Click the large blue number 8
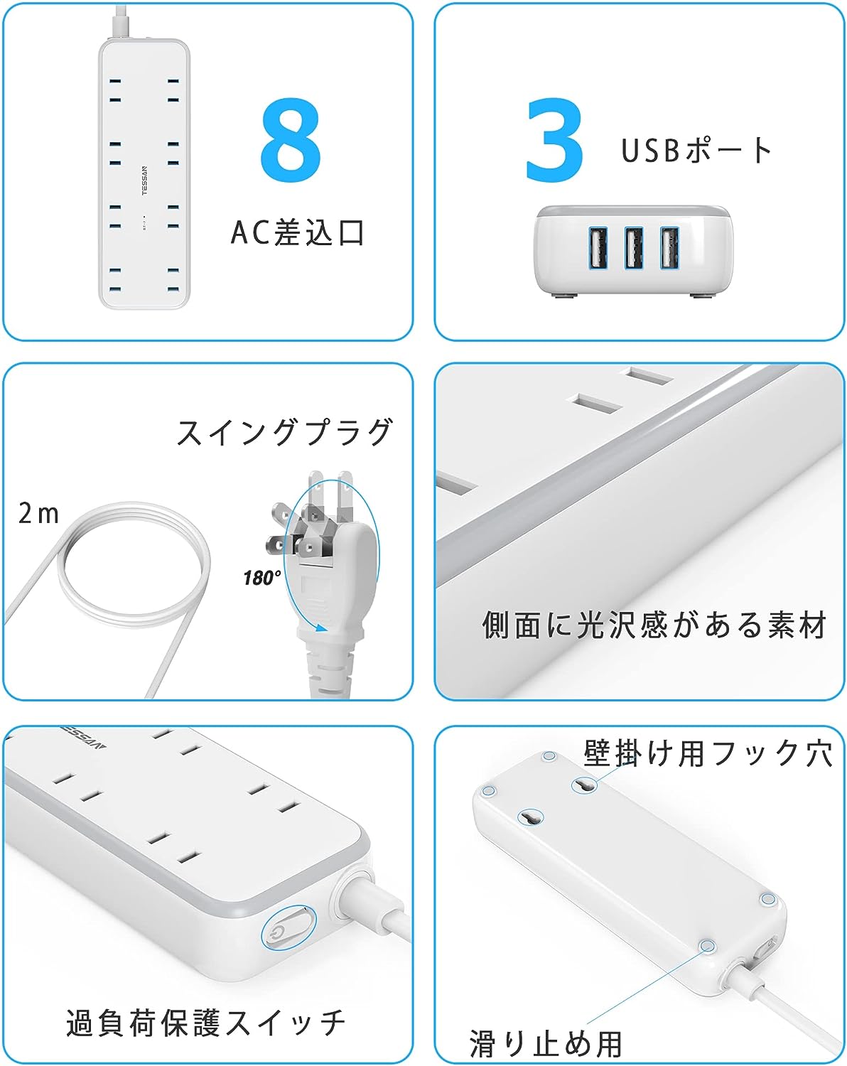pos(291,140)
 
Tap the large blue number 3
pos(554,140)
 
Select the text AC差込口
pos(298,232)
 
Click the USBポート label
pos(696,150)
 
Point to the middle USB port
pos(634,248)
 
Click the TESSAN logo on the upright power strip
pos(144,181)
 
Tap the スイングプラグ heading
pos(286,432)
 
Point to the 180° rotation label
pos(261,578)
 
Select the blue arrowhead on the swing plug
pos(321,628)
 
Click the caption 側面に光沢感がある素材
pos(654,625)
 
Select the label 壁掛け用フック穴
pos(708,753)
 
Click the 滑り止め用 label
pos(545,1044)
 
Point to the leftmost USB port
pos(598,248)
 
